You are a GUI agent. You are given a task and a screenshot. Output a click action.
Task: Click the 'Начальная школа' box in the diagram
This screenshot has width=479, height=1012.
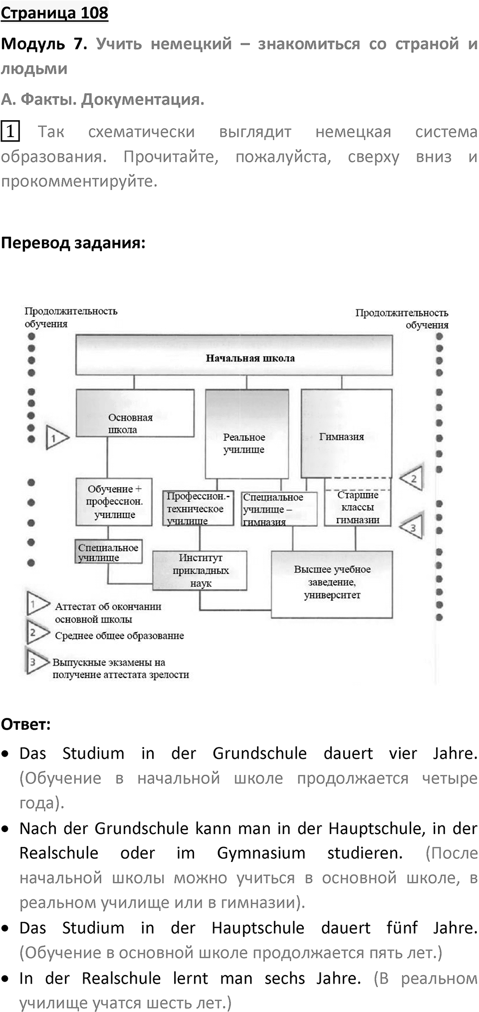click(234, 354)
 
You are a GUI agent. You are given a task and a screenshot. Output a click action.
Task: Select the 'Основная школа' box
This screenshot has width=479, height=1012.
click(135, 413)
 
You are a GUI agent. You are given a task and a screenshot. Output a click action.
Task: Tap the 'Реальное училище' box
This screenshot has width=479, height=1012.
click(247, 434)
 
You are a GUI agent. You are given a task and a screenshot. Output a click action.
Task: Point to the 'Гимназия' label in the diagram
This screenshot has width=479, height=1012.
click(342, 437)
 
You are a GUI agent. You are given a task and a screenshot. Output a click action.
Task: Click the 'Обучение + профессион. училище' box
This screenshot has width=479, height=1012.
click(114, 502)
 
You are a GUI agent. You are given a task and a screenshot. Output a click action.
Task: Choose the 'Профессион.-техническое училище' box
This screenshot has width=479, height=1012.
click(199, 508)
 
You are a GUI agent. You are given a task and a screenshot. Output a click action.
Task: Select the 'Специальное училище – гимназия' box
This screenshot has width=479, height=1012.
click(279, 509)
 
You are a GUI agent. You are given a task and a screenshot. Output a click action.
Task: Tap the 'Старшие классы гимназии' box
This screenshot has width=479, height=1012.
click(358, 507)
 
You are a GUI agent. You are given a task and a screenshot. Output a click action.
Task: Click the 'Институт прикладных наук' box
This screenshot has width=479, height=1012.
click(200, 570)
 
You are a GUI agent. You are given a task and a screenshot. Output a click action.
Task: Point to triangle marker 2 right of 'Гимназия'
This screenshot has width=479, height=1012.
click(412, 478)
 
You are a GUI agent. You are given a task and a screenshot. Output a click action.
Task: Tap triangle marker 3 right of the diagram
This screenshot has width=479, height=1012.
click(412, 526)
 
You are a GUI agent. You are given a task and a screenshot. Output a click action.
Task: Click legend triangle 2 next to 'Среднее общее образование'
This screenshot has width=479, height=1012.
click(37, 632)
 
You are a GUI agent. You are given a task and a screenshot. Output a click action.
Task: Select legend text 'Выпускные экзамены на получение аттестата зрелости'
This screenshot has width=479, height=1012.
click(121, 669)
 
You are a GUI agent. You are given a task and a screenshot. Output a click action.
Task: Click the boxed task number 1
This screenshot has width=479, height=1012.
click(10, 132)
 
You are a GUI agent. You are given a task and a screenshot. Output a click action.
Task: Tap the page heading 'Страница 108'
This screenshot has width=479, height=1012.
click(54, 12)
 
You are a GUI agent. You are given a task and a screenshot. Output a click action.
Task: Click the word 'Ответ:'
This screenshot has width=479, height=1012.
click(26, 724)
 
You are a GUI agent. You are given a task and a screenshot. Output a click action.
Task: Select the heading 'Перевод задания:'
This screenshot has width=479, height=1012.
click(73, 243)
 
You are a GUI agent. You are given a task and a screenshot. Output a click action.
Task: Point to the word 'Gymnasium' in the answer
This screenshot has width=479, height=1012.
click(261, 853)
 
